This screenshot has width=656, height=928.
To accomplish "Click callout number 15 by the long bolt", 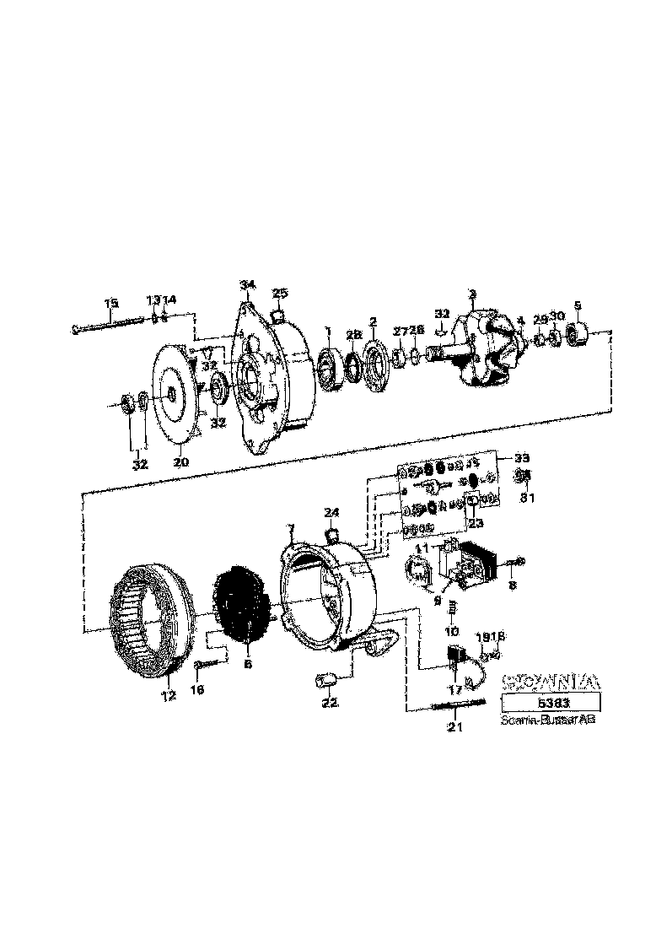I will point(111,304).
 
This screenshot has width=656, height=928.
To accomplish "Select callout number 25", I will point(281,293).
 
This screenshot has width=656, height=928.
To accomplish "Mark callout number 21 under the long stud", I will point(455,726).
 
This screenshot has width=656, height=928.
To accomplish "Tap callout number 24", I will point(331,512).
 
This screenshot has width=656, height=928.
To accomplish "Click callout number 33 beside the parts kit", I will point(523,458).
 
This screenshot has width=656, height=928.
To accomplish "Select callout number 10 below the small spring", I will point(453,631).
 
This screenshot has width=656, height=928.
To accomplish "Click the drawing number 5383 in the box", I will point(551,703).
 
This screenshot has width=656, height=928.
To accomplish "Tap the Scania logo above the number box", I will point(551,680).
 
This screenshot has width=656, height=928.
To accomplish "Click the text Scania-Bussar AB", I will point(547,721).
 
